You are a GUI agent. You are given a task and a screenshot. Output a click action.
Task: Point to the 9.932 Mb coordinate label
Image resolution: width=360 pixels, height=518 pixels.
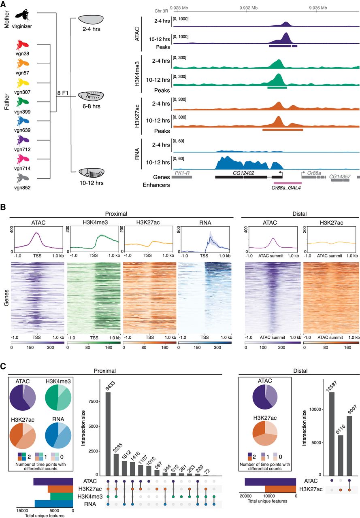[248, 8]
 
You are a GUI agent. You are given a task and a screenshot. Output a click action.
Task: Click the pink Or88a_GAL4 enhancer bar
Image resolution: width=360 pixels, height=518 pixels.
[287, 183]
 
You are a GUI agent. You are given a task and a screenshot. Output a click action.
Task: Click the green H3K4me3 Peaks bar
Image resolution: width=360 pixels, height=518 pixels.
[277, 87]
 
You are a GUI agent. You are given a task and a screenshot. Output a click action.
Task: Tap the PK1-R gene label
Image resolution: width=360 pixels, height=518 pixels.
[182, 172]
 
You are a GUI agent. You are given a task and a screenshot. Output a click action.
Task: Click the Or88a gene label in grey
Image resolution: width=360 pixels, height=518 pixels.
[314, 172]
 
